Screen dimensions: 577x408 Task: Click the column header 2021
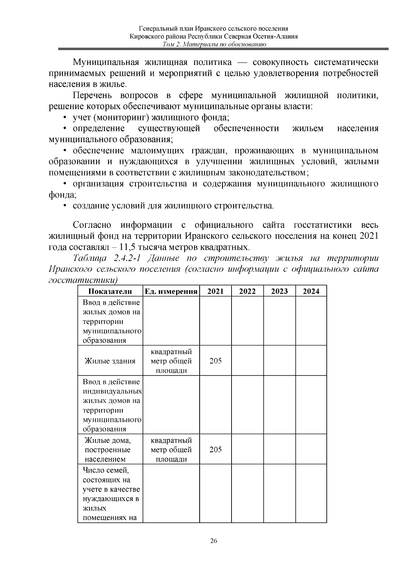click(x=216, y=291)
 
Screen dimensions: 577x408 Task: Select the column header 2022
click(x=247, y=291)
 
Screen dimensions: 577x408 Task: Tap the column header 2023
click(x=279, y=291)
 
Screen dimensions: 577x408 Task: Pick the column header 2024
click(x=311, y=291)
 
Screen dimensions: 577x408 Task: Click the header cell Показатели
click(x=110, y=291)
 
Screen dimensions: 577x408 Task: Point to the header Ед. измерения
click(x=171, y=291)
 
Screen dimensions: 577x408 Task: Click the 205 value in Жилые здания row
click(x=216, y=361)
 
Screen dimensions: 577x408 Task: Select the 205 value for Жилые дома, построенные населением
click(x=216, y=449)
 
